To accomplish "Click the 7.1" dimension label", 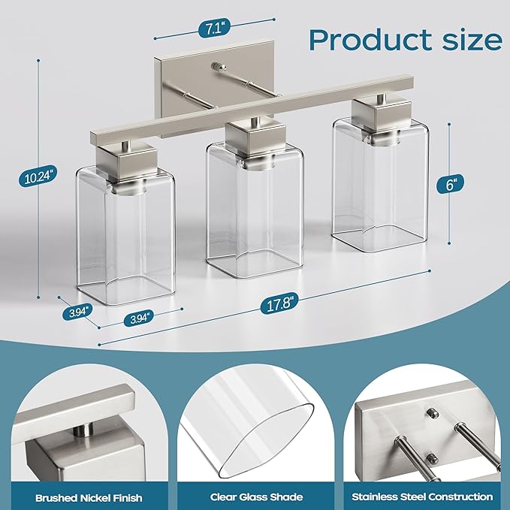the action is point(214,29).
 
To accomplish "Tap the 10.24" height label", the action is point(39,177).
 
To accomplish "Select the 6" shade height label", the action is point(450,184).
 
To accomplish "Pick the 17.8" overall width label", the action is point(279,304).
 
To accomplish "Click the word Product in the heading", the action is point(371,40).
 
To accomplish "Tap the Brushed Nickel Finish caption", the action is point(89,498).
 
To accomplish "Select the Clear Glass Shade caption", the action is point(256,497).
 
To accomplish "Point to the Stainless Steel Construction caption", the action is point(422,496).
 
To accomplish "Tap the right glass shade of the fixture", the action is point(380,184).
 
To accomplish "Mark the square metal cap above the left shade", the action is point(127,161).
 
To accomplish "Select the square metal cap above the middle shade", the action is point(255,137).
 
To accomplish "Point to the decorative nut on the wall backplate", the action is point(219,67).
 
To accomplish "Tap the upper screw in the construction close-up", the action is point(433,413).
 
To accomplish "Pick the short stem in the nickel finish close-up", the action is point(83,430).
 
